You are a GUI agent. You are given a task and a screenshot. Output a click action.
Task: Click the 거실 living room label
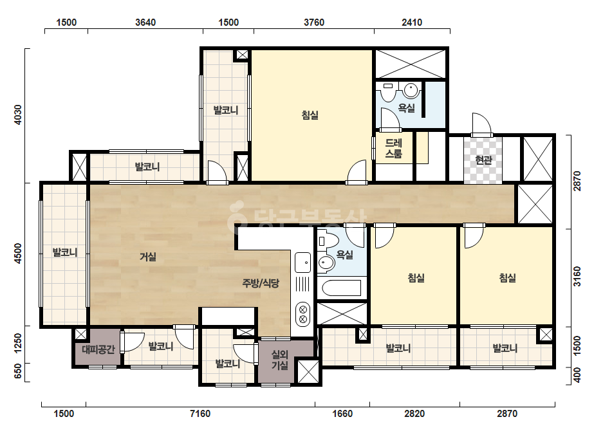click(x=148, y=257)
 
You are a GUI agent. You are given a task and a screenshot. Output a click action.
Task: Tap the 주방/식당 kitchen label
click(x=261, y=282)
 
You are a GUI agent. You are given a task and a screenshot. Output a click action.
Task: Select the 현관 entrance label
click(x=483, y=160)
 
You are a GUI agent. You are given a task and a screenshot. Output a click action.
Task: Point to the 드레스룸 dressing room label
click(x=394, y=148)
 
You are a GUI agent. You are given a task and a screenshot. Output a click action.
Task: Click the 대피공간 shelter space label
click(x=98, y=349)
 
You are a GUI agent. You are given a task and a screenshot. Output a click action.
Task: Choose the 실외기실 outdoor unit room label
click(x=280, y=360)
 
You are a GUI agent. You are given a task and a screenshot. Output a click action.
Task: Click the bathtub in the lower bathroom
click(x=341, y=288)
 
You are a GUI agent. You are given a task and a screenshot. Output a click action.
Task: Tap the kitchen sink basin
click(x=302, y=262)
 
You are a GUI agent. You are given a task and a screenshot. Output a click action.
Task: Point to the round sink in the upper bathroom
click(x=411, y=91)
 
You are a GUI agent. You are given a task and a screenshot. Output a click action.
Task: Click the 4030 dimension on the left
click(x=17, y=115)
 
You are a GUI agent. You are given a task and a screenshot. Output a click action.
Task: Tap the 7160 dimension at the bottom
click(x=200, y=413)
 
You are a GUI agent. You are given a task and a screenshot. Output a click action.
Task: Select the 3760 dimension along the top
click(x=314, y=23)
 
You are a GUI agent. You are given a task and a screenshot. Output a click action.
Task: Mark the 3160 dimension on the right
click(x=577, y=277)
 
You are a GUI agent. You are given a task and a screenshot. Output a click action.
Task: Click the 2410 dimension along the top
click(x=412, y=23)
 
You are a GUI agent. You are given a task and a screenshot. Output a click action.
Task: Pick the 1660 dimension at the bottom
click(x=342, y=413)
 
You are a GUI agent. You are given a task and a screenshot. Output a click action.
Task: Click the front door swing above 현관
click(x=482, y=124)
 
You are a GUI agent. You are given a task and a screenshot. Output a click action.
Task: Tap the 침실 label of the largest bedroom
click(x=310, y=115)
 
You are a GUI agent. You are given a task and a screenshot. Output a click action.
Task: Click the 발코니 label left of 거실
click(x=65, y=252)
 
